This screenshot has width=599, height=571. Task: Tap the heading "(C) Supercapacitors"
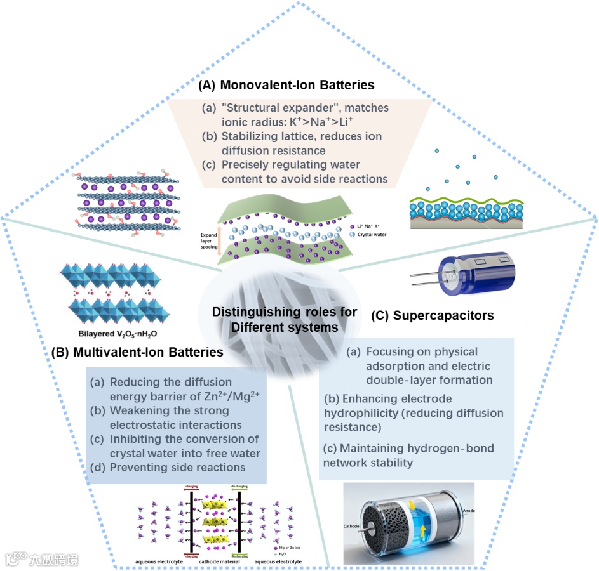pyautogui.click(x=432, y=315)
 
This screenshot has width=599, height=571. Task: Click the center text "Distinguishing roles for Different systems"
pyautogui.click(x=284, y=319)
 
